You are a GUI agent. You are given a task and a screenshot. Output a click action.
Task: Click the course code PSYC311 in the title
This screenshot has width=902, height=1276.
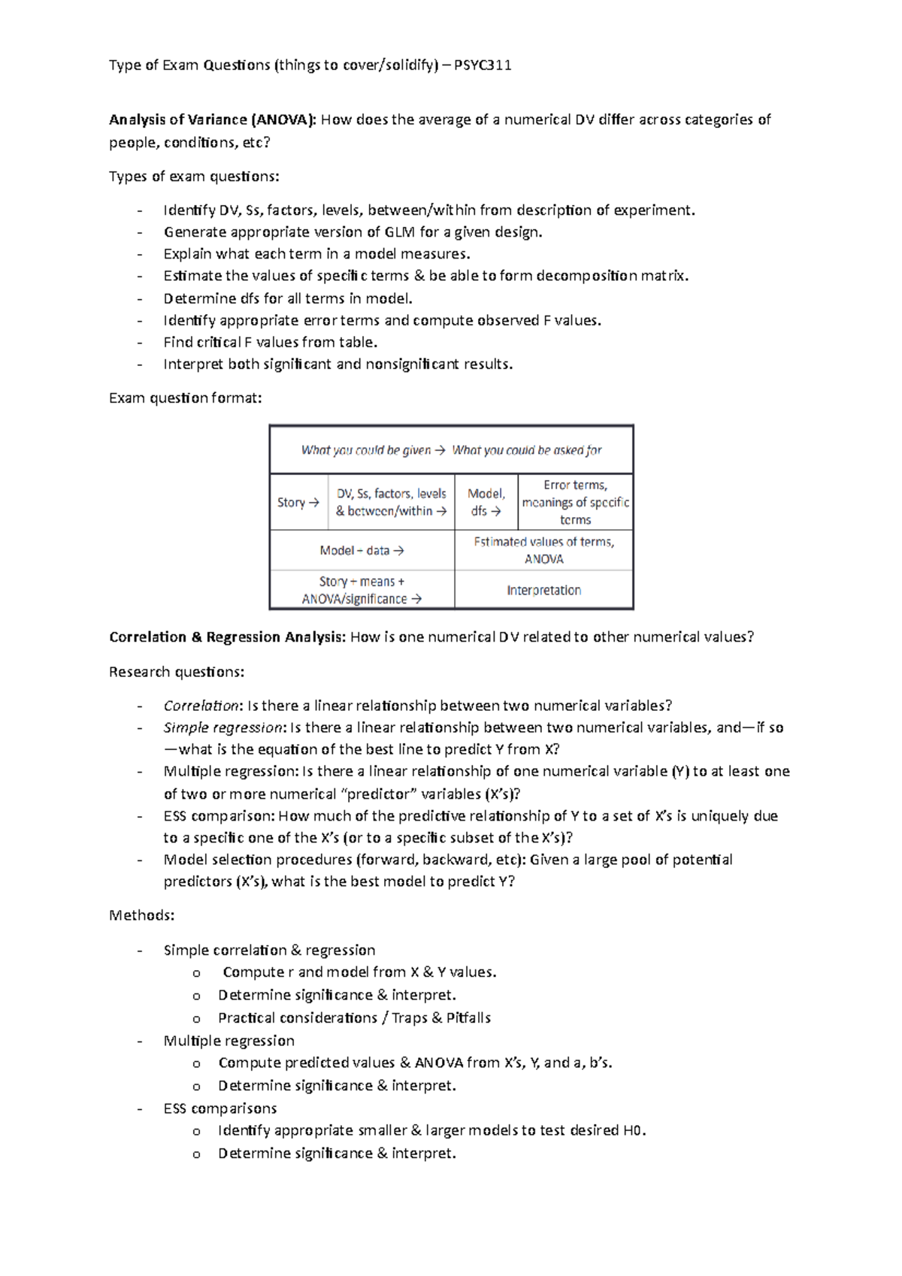point(483,65)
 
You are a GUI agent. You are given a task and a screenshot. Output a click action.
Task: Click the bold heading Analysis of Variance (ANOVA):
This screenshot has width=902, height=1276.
point(213,119)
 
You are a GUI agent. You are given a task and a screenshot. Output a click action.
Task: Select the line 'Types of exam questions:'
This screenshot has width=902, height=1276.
point(194,177)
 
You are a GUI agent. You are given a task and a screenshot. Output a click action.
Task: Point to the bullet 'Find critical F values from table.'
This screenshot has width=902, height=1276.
point(271,343)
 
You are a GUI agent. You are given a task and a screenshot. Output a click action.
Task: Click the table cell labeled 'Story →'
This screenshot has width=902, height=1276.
point(298,503)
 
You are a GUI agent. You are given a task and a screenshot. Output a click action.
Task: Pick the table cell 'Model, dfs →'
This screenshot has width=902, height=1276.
point(486,503)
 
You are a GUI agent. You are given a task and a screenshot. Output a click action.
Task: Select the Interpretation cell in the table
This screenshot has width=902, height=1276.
point(543,591)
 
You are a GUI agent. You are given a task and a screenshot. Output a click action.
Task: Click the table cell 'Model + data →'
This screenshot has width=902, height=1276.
point(362,551)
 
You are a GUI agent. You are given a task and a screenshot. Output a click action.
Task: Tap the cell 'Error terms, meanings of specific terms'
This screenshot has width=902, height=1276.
point(575,503)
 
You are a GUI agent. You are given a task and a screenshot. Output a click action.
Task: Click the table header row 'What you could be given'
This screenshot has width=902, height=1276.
point(451,450)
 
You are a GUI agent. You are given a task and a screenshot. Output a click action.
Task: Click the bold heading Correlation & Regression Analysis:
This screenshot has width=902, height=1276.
point(227,637)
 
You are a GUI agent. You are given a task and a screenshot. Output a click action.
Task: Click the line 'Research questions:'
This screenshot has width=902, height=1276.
point(177,672)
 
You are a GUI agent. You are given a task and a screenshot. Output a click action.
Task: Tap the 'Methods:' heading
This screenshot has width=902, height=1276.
point(142,915)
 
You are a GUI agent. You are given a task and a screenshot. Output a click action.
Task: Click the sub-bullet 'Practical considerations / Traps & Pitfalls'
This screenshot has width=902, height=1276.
point(354,1018)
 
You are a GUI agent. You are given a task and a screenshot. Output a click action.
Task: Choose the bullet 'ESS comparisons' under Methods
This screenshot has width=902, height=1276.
point(220,1108)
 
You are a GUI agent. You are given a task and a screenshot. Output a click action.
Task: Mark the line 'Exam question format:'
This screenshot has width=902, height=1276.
point(186,398)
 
